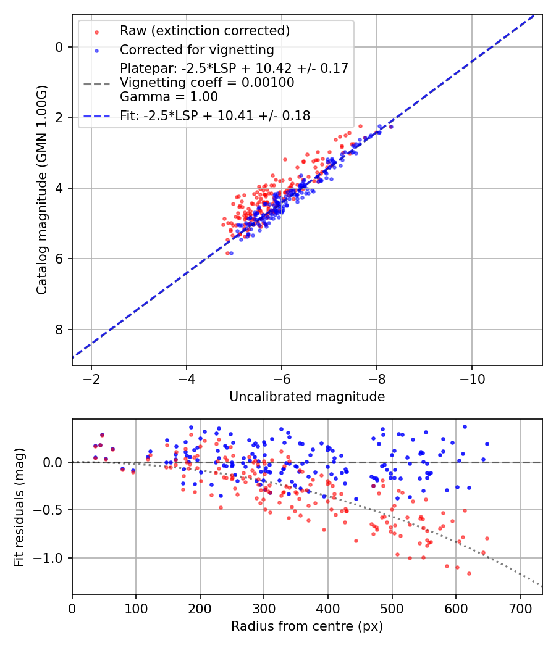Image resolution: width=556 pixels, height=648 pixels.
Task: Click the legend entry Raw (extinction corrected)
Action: click(204, 31)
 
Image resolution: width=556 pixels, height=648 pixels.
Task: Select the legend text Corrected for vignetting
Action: click(196, 49)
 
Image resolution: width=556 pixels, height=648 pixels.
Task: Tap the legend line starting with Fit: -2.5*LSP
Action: click(214, 115)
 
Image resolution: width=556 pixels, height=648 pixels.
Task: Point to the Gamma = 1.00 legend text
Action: click(169, 97)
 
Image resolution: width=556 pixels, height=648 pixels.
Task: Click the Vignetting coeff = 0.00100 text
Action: click(207, 83)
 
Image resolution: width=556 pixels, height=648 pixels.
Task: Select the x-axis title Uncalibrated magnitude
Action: click(307, 397)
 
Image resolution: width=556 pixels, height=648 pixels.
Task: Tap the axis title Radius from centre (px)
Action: click(307, 626)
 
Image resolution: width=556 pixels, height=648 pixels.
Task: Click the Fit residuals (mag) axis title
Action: click(19, 507)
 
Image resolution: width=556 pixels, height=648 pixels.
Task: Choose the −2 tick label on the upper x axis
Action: click(91, 378)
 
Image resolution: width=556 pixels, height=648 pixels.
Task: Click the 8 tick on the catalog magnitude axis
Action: click(59, 330)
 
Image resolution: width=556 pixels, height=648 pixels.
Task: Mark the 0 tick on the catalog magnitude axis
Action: click(59, 47)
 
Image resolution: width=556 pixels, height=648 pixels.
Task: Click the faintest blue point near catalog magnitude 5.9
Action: click(231, 253)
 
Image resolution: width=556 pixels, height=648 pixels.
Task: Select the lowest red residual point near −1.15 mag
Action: click(469, 573)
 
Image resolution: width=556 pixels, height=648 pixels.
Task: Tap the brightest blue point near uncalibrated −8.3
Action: click(390, 127)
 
